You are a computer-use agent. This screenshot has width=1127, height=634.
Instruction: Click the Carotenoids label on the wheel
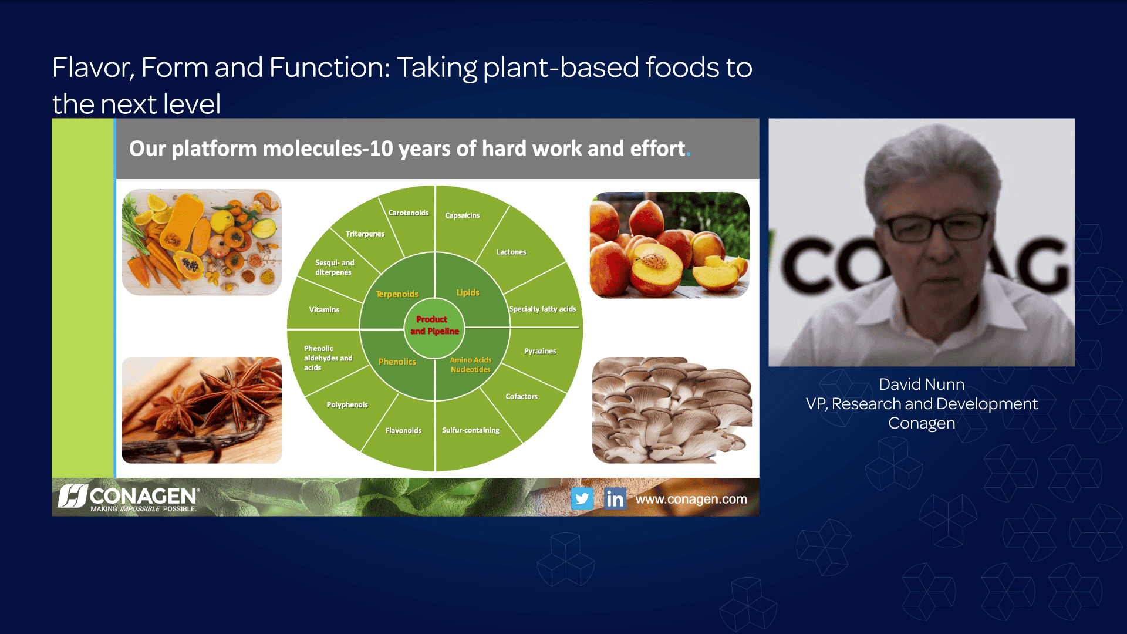pos(408,213)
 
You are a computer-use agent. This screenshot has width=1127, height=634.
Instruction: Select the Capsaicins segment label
pos(462,215)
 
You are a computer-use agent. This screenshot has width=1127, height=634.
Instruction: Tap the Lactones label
pos(511,252)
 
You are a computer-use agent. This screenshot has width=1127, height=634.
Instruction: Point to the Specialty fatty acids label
pos(542,309)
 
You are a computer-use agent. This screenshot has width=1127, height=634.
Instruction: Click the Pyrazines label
pos(540,351)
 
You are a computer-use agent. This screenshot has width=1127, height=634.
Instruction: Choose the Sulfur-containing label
pos(471,430)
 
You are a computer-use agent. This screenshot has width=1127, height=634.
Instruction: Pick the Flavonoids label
pos(403,431)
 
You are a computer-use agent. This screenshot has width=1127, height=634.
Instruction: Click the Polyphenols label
pos(347,405)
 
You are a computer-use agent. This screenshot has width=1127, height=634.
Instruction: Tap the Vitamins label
pos(324,310)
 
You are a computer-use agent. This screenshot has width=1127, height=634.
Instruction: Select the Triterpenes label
pos(365,234)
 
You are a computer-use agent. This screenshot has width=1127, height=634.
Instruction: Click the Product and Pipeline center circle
pos(434,326)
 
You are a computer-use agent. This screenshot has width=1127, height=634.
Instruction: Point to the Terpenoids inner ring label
pos(397,294)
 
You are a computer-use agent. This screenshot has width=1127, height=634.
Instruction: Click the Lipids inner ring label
pos(468,292)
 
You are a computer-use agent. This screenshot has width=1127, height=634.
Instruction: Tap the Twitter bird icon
pos(582,498)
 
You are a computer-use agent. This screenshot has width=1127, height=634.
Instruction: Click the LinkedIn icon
pos(615,498)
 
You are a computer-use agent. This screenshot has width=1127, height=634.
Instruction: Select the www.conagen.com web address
pos(691,499)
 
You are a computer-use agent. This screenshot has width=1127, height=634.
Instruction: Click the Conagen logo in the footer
pos(129,498)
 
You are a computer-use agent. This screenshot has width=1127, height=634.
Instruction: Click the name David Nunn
pos(921,385)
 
